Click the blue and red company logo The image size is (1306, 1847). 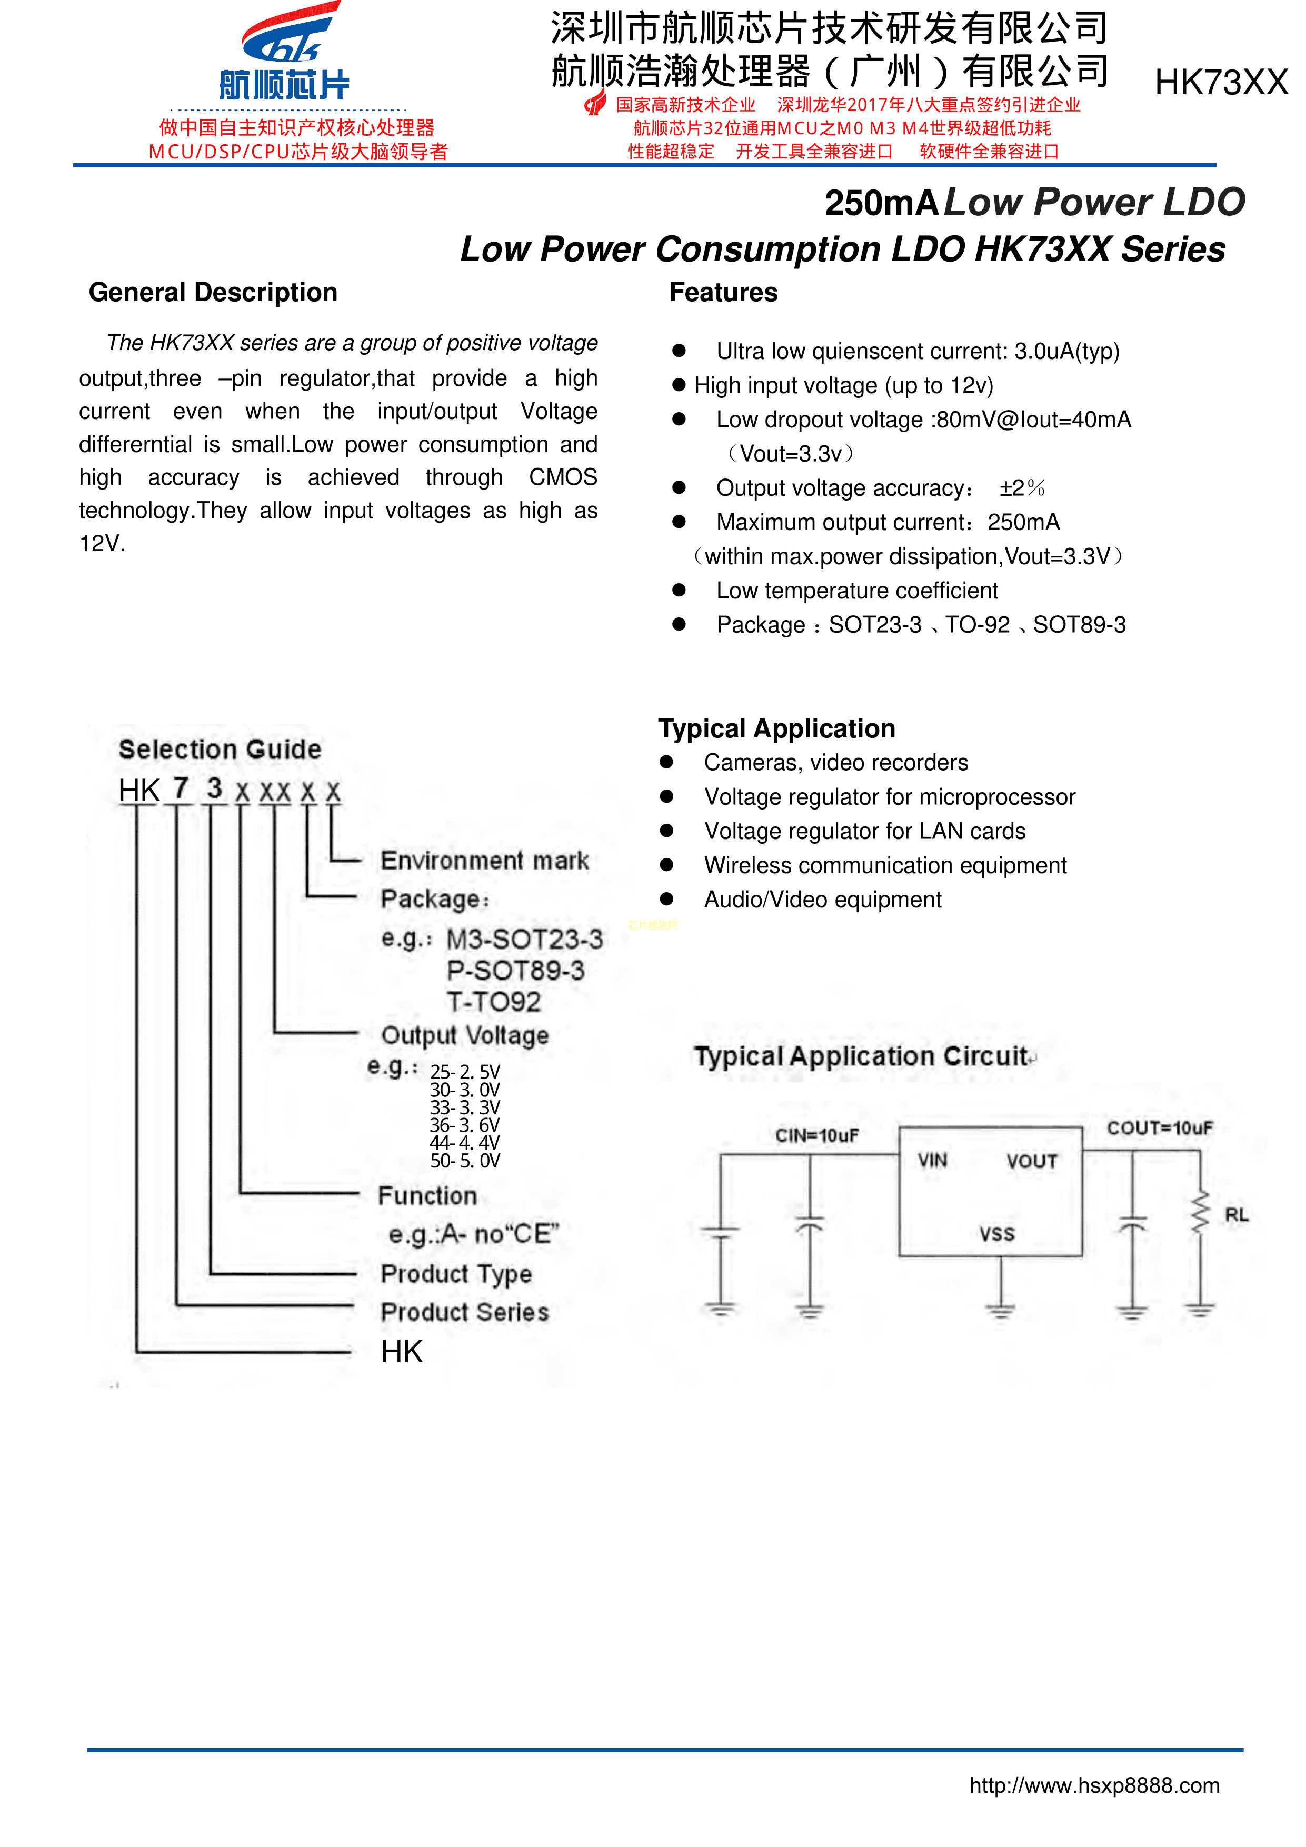(286, 52)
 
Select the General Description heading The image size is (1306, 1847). (213, 293)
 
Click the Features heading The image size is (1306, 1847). (723, 293)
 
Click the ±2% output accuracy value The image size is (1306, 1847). (1022, 488)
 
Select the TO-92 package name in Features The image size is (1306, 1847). (977, 625)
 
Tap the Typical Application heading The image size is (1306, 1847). (776, 729)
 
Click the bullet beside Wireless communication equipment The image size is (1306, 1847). (666, 865)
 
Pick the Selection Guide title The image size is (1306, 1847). (220, 750)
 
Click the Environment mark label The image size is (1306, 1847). (484, 861)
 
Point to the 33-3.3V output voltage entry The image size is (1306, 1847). (464, 1107)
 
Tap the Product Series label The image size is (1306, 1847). (464, 1312)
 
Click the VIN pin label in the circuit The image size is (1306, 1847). (932, 1160)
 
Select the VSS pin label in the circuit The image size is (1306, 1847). (996, 1234)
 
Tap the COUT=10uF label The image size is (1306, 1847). (1159, 1128)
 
